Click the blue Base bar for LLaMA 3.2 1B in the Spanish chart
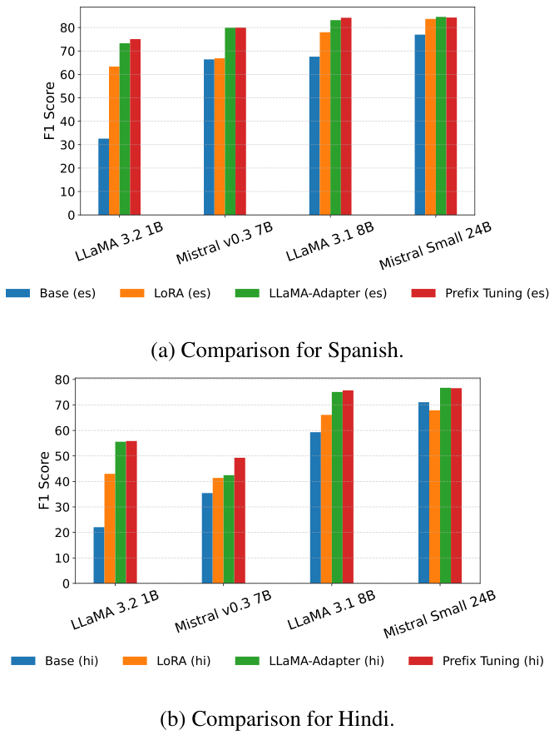coord(103,176)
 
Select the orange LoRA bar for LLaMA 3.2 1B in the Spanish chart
coord(114,141)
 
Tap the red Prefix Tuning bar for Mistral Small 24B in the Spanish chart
coord(452,116)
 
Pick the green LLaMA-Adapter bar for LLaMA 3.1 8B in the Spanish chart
coord(335,117)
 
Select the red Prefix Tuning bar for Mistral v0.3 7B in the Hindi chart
coord(240,520)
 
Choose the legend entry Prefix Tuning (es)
coord(479,293)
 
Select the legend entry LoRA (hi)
coord(166,661)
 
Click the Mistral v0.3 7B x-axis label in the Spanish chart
coord(224,244)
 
